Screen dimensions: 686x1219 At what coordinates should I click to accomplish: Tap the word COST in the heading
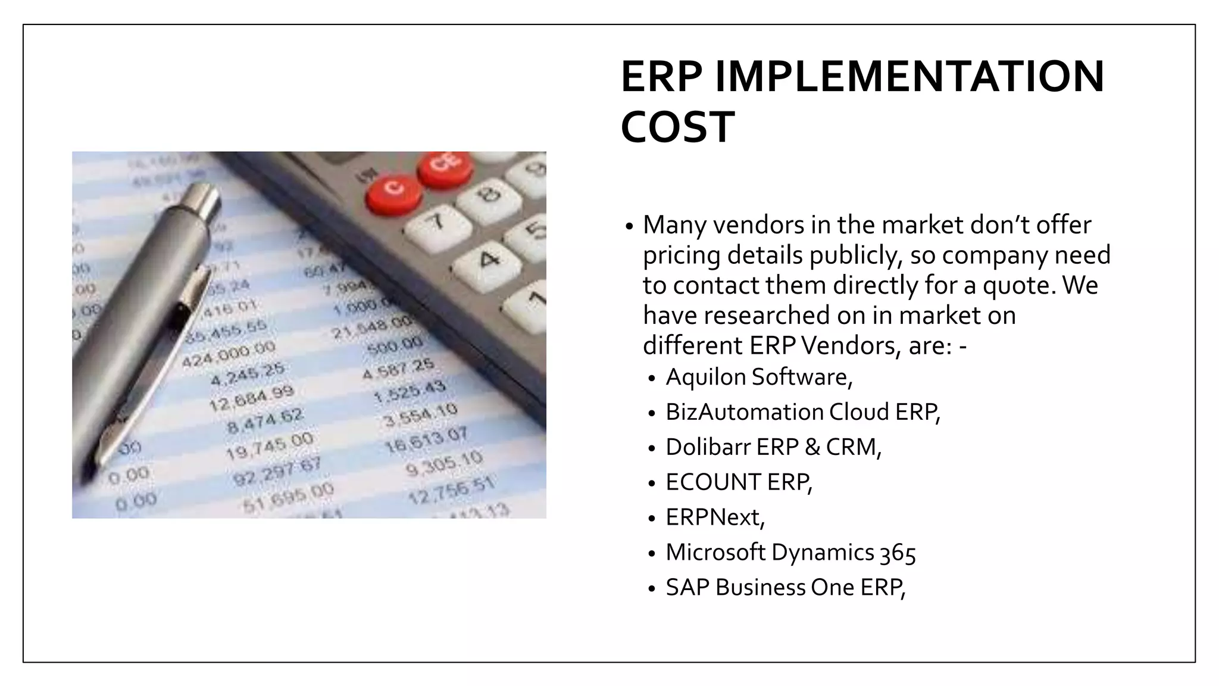[x=677, y=127]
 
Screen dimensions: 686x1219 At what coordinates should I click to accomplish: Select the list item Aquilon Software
[x=759, y=377]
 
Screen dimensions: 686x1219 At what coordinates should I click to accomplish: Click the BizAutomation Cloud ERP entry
[x=802, y=412]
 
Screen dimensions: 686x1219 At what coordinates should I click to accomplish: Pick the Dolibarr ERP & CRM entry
[x=773, y=447]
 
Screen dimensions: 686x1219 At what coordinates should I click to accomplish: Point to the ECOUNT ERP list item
[x=739, y=482]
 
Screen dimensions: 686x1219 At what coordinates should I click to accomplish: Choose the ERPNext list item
[x=715, y=517]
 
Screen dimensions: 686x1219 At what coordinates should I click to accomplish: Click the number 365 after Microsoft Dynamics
[x=898, y=553]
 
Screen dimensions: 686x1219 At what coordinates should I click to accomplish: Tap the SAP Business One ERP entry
[x=785, y=588]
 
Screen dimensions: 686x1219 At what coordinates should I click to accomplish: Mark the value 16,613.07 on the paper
[x=426, y=439]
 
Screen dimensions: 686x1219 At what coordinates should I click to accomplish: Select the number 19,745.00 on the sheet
[x=270, y=445]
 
